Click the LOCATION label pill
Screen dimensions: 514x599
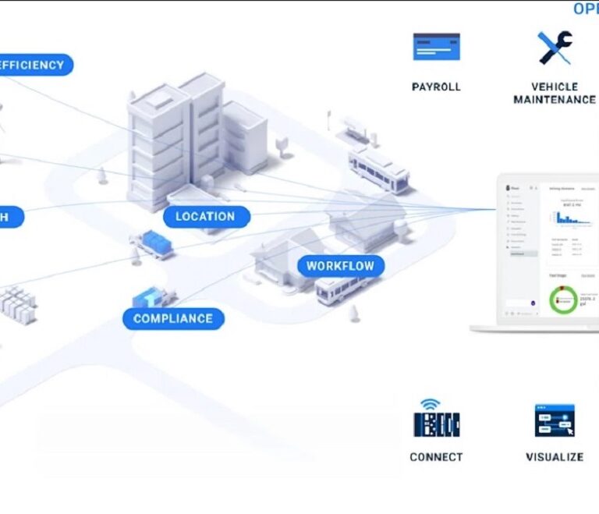[x=205, y=217]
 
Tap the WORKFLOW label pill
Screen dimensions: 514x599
[x=340, y=266]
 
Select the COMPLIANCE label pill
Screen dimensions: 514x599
[x=173, y=318]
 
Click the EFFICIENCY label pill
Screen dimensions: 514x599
[x=33, y=66]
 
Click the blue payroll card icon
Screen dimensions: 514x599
[x=436, y=47]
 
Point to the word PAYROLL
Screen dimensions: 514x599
[x=436, y=87]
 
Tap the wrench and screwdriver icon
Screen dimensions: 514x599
[x=555, y=47]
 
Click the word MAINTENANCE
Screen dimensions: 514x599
[x=555, y=100]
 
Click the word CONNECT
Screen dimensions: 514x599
[x=436, y=457]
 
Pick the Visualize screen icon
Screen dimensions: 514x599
[x=555, y=420]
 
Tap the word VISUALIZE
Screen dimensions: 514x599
[x=555, y=457]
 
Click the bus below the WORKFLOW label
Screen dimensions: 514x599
[x=337, y=290]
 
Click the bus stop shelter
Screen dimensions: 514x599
[x=353, y=128]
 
